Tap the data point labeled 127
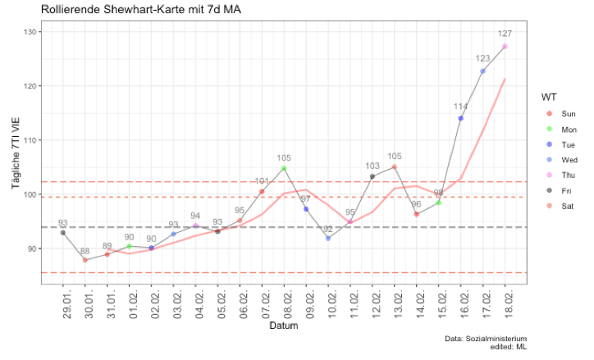[505, 47]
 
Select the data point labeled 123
[482, 71]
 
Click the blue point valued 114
[460, 118]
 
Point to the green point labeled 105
[284, 168]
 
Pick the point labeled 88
[85, 260]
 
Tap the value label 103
[372, 166]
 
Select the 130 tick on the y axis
[30, 31]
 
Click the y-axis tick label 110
[30, 140]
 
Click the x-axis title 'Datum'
[283, 326]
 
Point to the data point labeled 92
[328, 238]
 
